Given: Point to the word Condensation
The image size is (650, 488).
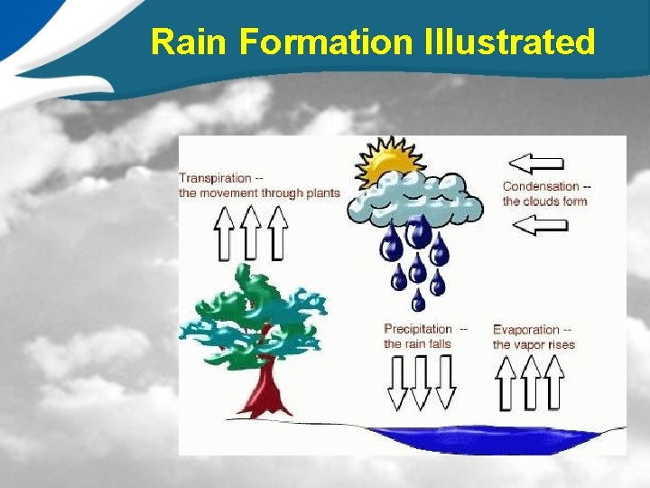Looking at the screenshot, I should coord(540,186).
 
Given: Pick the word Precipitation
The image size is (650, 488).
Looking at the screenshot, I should coord(418,329).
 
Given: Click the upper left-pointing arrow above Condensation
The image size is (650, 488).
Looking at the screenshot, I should coord(536,163).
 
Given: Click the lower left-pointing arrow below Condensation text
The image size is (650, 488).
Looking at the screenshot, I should coord(540,226).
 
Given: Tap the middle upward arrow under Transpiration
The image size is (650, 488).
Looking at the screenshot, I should coord(251,233).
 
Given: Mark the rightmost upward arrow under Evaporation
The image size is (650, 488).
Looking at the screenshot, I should coord(554,381).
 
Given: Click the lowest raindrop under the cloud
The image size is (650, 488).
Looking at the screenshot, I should coord(419,299).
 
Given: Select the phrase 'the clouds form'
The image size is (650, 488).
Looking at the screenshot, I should coord(544,201).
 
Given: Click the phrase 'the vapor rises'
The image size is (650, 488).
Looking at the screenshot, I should coord(534,344).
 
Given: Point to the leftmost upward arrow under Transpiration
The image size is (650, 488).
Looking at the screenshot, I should coord(224,233).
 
